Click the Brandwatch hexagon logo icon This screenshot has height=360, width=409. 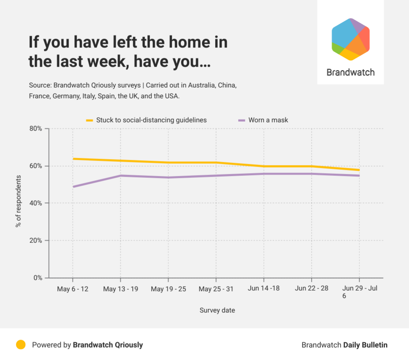pos(350,39)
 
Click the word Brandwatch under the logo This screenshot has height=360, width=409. pos(350,72)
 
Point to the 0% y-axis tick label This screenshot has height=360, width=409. pos(38,278)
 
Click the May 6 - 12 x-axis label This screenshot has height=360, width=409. pos(73,289)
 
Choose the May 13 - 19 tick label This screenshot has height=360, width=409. pos(120,289)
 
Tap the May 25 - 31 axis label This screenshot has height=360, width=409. pos(216,289)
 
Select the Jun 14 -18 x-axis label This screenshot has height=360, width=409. pos(264,289)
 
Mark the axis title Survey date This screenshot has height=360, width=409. pos(217,310)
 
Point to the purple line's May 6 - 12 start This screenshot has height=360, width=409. pos(73,187)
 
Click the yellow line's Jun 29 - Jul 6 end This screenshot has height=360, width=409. pos(359,170)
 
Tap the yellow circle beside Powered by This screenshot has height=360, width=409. pos(21,345)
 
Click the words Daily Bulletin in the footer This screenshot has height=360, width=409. pos(365,345)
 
